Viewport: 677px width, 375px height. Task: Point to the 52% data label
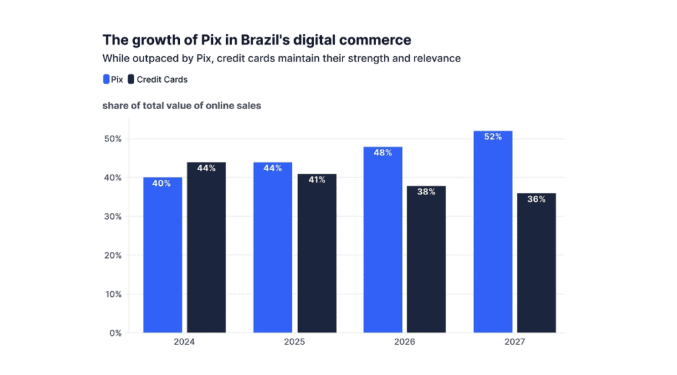click(x=493, y=137)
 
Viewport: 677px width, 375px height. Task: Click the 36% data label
click(x=536, y=199)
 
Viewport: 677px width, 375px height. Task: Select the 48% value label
click(x=383, y=153)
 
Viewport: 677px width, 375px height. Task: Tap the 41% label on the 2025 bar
click(x=316, y=180)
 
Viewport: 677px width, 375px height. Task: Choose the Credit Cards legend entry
click(x=158, y=79)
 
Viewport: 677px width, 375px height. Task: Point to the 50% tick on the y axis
click(x=112, y=139)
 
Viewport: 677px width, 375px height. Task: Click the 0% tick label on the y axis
click(x=114, y=333)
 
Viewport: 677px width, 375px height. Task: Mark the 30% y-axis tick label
click(x=112, y=216)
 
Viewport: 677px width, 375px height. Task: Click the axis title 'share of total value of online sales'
click(x=182, y=106)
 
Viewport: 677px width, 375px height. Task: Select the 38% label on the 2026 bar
click(x=426, y=192)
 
